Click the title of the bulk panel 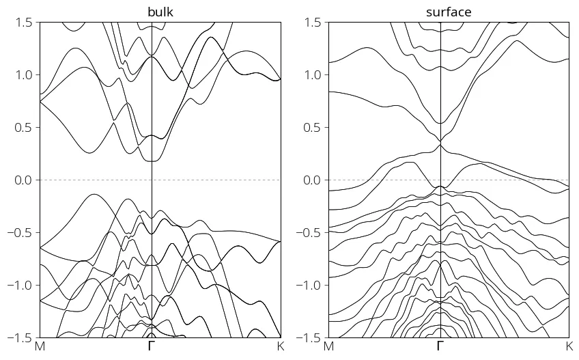(x=160, y=12)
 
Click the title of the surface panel (x=449, y=12)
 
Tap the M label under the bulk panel (x=40, y=347)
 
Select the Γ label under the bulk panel (x=151, y=347)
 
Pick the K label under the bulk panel (x=281, y=347)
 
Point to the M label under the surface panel (x=328, y=347)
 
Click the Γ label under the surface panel (x=440, y=347)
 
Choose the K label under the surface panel (x=569, y=347)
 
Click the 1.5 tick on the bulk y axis (x=24, y=23)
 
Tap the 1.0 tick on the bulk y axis (x=24, y=75)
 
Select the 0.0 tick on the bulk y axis (x=24, y=180)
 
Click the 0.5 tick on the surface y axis (x=313, y=128)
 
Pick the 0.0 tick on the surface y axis (x=313, y=180)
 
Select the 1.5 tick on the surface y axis (x=313, y=23)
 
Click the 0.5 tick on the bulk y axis (x=24, y=128)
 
